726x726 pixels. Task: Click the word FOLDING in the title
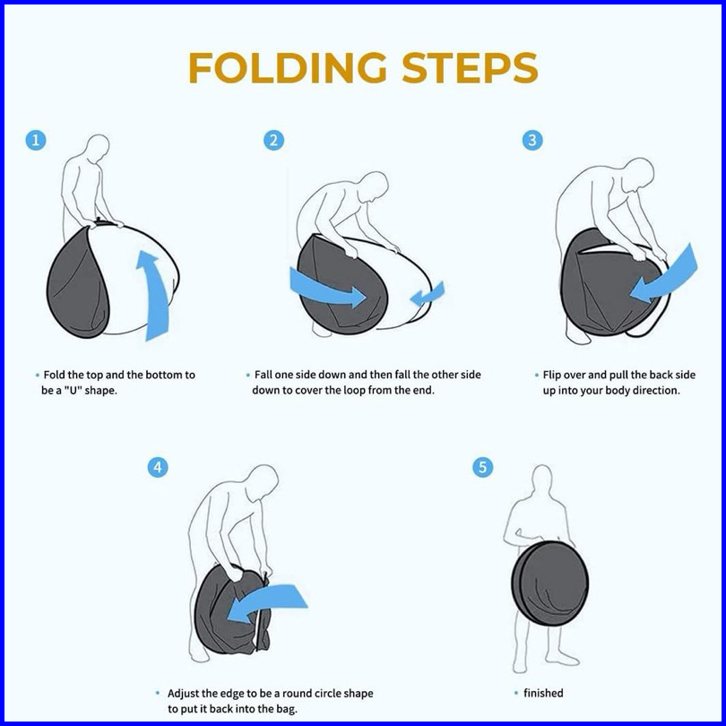click(x=288, y=67)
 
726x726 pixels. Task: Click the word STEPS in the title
click(x=470, y=67)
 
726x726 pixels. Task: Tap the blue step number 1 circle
click(x=36, y=140)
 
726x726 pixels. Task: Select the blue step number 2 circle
click(x=273, y=140)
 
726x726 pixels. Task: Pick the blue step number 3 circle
click(x=532, y=140)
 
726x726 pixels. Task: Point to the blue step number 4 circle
click(x=158, y=467)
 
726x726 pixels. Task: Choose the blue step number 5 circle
click(x=482, y=467)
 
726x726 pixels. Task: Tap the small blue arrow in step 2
click(x=428, y=295)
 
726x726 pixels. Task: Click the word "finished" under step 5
click(x=543, y=693)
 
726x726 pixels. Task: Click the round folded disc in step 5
click(x=550, y=583)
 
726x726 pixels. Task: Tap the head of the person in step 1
click(x=98, y=148)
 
